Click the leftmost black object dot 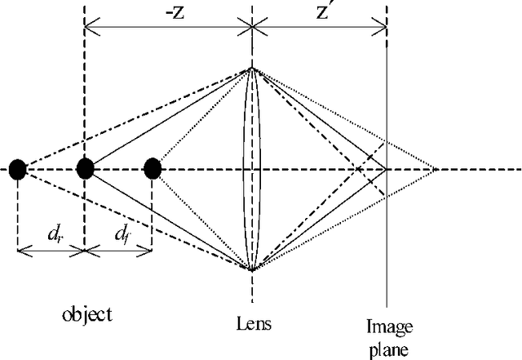point(18,169)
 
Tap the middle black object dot point(85,169)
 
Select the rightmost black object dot point(153,169)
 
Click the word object point(86,314)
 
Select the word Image point(388,327)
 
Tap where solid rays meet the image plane point(387,170)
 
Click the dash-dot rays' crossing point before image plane point(357,170)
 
